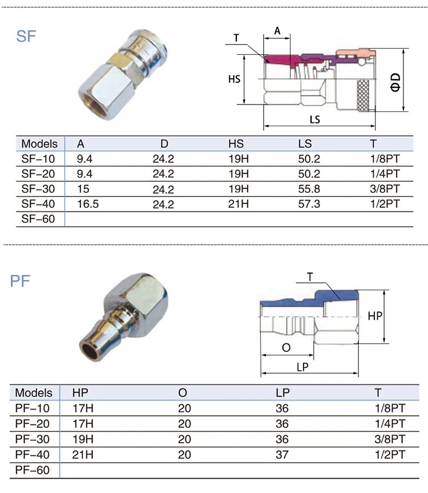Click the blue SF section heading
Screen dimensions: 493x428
click(26, 37)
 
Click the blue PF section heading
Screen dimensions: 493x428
click(21, 280)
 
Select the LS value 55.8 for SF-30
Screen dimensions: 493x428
click(309, 189)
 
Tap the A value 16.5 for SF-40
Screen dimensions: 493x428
click(88, 203)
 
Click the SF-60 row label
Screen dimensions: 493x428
click(38, 218)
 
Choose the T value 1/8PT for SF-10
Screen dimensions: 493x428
click(384, 159)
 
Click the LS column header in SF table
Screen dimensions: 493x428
click(305, 143)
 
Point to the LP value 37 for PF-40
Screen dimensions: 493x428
click(282, 455)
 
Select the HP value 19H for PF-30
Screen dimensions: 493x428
click(83, 440)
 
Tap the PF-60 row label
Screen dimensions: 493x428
click(33, 470)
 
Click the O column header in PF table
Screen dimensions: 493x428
click(182, 393)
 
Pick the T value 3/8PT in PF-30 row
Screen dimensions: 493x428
click(390, 440)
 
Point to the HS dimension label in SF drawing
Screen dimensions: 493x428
click(235, 79)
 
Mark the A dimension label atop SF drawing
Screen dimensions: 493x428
click(277, 31)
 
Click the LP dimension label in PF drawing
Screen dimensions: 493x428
click(302, 367)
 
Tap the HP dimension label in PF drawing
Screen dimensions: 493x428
click(375, 316)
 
